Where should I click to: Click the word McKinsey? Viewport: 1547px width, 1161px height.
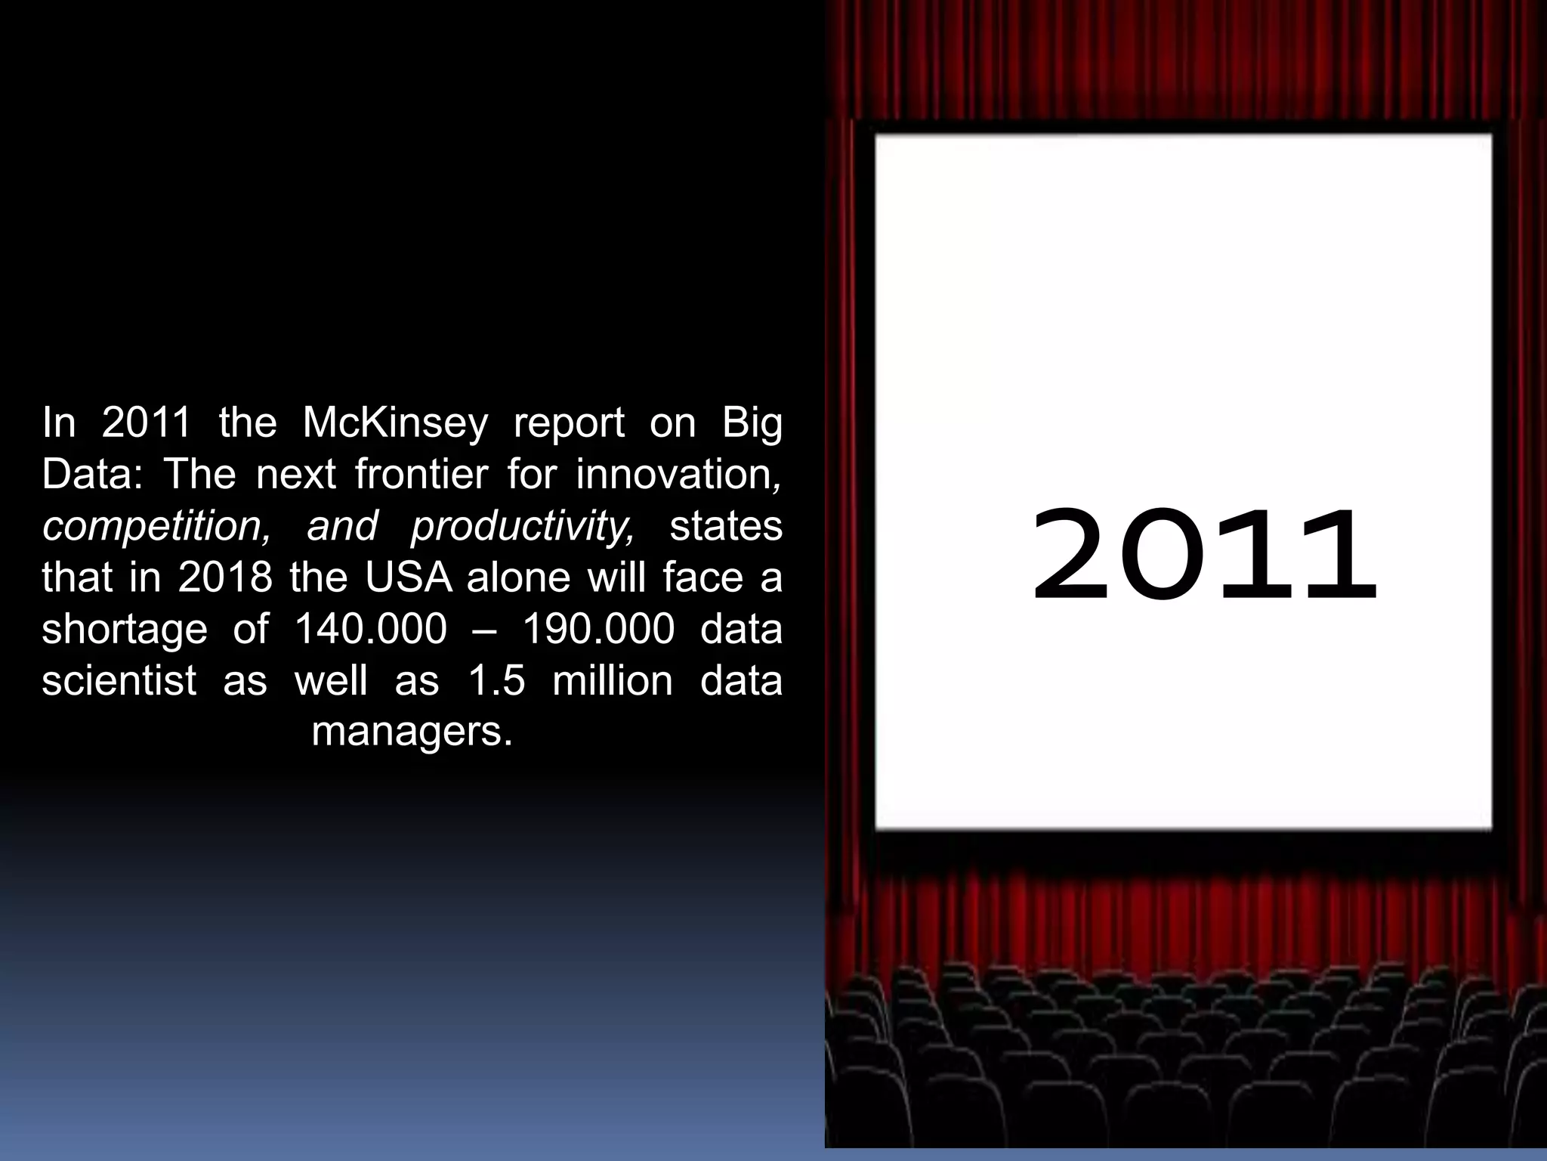click(395, 423)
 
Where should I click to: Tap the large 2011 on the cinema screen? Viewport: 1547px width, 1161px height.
click(1203, 556)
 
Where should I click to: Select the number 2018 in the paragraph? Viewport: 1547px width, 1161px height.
click(225, 578)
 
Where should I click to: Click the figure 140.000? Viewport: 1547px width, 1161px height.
click(370, 630)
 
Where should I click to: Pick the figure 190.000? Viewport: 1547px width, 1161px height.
click(598, 630)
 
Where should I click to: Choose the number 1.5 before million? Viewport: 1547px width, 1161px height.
click(496, 681)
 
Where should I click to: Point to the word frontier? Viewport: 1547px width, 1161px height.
click(421, 475)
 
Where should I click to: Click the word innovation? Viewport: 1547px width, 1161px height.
click(678, 475)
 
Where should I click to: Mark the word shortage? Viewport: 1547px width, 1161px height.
click(125, 630)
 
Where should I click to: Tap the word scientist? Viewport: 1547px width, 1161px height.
click(119, 681)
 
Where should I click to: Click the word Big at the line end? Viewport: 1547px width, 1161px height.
click(752, 423)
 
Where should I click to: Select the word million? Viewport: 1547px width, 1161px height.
click(613, 681)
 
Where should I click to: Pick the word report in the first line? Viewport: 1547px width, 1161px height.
click(569, 423)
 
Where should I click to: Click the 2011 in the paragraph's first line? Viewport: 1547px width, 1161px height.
click(147, 423)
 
